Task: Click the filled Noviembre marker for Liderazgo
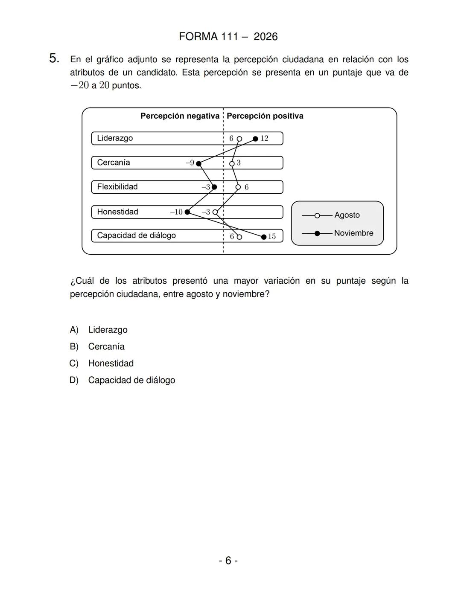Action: (255, 139)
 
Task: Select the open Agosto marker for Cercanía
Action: (232, 163)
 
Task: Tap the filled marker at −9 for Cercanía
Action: (198, 163)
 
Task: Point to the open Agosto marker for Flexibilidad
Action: (238, 187)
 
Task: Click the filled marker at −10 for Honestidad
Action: (187, 212)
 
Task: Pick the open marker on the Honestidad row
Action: (215, 212)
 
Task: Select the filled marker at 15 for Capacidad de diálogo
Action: (264, 237)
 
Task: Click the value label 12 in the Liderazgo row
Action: (264, 138)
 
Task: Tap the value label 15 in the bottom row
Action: (272, 236)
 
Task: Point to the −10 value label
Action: (176, 212)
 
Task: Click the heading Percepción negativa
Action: (180, 116)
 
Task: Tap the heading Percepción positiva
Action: (265, 116)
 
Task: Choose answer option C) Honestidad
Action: (111, 363)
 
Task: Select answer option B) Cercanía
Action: (106, 346)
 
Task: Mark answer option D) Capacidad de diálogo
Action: (131, 380)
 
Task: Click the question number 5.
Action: (54, 58)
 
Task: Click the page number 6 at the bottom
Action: (228, 560)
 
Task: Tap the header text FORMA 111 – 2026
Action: (228, 37)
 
